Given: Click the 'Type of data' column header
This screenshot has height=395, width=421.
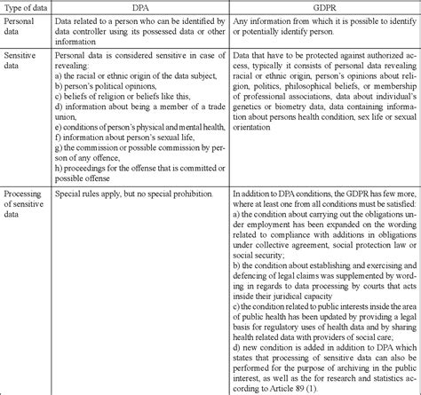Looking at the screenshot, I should coord(27,7).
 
